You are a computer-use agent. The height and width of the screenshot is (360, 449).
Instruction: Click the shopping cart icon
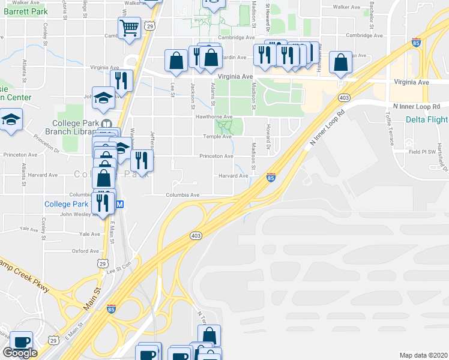[130, 28]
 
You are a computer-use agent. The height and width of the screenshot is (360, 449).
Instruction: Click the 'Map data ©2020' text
[423, 355]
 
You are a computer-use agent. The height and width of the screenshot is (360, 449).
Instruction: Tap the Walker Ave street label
[346, 7]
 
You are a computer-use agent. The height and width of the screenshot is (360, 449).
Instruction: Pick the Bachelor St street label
[372, 18]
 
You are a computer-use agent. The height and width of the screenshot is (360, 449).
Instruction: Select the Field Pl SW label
[422, 151]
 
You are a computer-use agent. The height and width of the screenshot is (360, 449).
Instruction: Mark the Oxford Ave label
[85, 251]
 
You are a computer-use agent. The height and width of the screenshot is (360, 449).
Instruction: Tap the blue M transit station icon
[119, 204]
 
